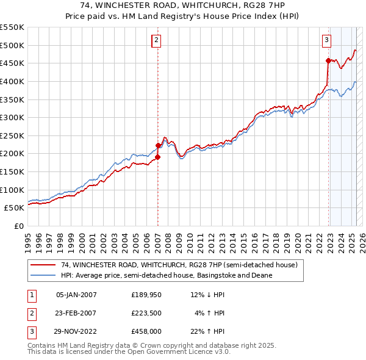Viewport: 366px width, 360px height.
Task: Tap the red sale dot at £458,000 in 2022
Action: click(328, 60)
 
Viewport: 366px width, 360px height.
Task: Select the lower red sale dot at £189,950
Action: click(157, 157)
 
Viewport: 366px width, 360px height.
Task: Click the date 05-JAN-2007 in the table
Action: click(76, 295)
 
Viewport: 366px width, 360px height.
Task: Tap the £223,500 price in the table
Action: click(146, 313)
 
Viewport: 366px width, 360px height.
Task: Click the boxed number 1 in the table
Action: click(32, 295)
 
